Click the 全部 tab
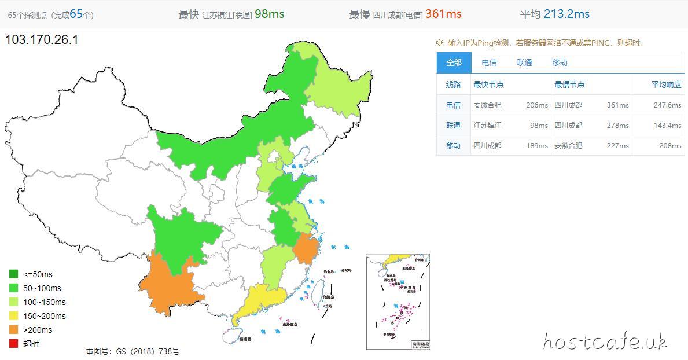pyautogui.click(x=454, y=63)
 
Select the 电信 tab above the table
pyautogui.click(x=489, y=63)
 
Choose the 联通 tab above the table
pyautogui.click(x=525, y=63)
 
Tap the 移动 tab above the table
pyautogui.click(x=560, y=63)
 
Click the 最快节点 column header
pyautogui.click(x=488, y=85)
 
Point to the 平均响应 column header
pyautogui.click(x=666, y=85)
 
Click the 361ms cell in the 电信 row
pyautogui.click(x=617, y=105)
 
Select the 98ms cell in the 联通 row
pyautogui.click(x=539, y=126)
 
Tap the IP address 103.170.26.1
pyautogui.click(x=42, y=40)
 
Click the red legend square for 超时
pyautogui.click(x=13, y=344)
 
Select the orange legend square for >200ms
pyautogui.click(x=13, y=330)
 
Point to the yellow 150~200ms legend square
pyautogui.click(x=13, y=316)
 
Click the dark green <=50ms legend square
pyautogui.click(x=13, y=274)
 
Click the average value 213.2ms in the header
pyautogui.click(x=566, y=14)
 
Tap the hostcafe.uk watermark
pyautogui.click(x=605, y=341)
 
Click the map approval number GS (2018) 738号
pyautogui.click(x=133, y=351)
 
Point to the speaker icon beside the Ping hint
pyautogui.click(x=440, y=43)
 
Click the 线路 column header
pyautogui.click(x=454, y=85)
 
